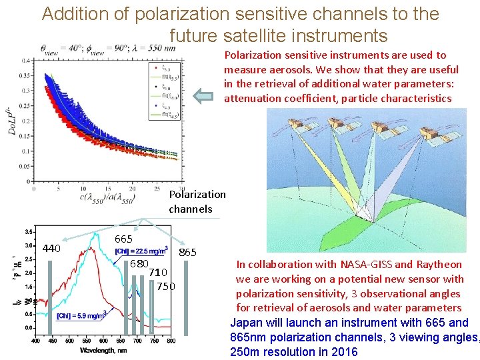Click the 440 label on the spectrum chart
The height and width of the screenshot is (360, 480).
[x=52, y=249]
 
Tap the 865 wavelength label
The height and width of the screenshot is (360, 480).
[x=188, y=252]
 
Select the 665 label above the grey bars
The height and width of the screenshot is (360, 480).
[x=123, y=239]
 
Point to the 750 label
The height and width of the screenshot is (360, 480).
[x=165, y=286]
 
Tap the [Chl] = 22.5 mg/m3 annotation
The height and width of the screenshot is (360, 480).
[x=141, y=251]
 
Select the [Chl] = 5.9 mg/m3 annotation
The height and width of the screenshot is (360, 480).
[x=81, y=315]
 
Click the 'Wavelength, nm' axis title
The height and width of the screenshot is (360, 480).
[x=105, y=350]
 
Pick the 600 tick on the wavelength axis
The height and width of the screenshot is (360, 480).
[x=103, y=341]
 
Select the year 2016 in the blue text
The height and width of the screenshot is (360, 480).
[x=345, y=352]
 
